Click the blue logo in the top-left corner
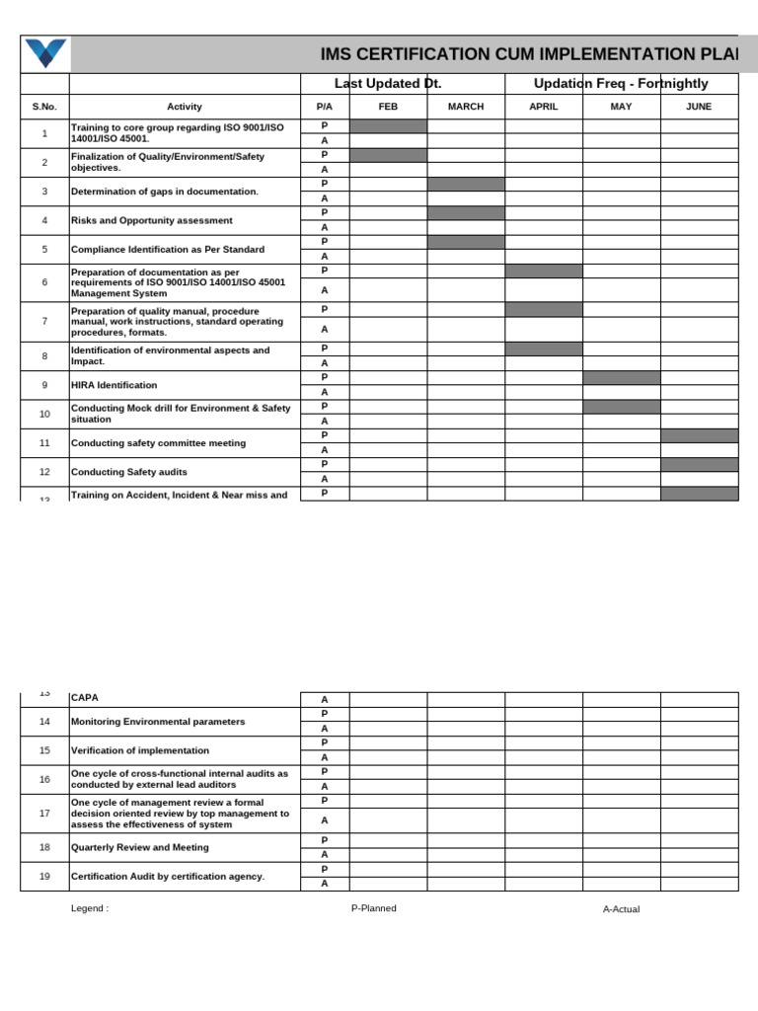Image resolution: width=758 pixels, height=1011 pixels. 45,53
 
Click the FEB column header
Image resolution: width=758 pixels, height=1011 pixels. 388,107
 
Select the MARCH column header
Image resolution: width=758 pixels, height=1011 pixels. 466,107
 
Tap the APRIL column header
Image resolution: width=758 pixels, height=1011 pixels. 543,107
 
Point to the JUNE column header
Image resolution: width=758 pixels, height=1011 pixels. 699,107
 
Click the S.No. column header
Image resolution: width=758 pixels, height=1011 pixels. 44,107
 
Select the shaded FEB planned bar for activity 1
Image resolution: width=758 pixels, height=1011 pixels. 388,126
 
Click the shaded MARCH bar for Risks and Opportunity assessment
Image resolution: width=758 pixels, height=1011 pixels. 466,213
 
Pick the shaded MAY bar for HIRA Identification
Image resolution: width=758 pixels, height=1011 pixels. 621,377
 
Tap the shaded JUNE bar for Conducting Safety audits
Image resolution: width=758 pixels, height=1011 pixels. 699,464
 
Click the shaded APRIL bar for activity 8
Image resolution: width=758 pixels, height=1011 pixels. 543,349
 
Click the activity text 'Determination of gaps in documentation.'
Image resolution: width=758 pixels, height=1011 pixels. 165,192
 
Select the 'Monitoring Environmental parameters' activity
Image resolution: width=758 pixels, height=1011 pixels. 158,722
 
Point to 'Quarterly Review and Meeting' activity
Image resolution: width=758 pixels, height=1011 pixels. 140,847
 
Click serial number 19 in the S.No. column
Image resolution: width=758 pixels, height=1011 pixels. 44,876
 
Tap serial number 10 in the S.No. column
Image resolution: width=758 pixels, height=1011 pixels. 44,414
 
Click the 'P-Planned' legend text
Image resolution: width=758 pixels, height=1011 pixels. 373,908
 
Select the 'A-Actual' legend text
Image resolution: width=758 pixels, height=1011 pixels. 621,909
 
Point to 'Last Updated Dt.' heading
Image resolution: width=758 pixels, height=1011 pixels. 388,84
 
